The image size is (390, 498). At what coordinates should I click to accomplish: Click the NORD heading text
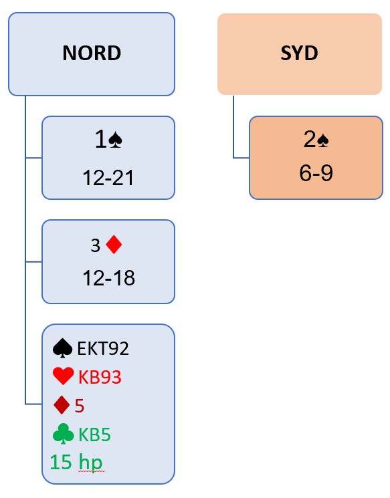coord(92,53)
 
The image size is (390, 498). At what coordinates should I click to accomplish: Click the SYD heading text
coord(299,53)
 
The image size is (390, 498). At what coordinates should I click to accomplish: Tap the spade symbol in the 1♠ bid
coord(115,140)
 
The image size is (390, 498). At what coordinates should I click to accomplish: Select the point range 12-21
coord(108,178)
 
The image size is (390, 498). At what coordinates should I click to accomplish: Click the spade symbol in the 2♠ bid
coord(323,140)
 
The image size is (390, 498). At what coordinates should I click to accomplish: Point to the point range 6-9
coord(316,173)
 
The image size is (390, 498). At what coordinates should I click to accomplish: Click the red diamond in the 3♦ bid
coord(114,245)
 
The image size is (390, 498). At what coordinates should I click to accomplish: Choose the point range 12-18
coord(108,278)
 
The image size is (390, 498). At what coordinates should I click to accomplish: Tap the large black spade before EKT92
coord(62,348)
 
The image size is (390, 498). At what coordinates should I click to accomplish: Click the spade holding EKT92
coord(103,348)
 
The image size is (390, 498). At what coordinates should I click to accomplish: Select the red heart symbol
coord(64,376)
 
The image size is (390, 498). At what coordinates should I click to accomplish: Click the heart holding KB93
coord(100,377)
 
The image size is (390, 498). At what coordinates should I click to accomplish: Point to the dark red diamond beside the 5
coord(62,405)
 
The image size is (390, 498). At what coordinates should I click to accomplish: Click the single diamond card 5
coord(80,406)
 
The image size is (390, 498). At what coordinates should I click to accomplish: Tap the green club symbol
coord(64,434)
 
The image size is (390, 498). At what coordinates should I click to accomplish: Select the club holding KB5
coord(94,434)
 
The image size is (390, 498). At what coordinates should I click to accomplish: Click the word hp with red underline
coord(90,463)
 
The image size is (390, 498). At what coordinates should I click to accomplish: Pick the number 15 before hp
coord(60,462)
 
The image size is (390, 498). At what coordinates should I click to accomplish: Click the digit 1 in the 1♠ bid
coord(101,140)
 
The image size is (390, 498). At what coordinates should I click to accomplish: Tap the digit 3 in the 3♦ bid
coord(96,245)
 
